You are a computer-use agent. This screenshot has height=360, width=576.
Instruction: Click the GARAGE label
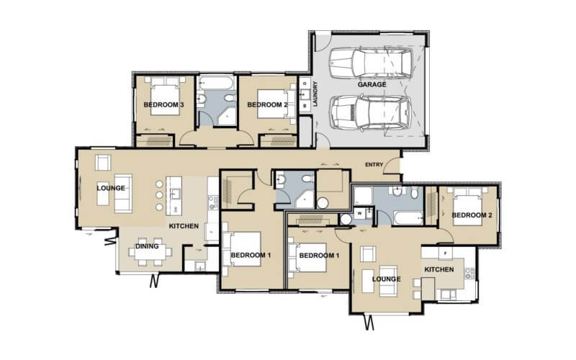pyautogui.click(x=372, y=84)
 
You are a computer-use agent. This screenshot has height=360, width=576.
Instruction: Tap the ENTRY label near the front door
pyautogui.click(x=374, y=164)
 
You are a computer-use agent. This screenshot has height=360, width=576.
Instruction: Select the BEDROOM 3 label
pyautogui.click(x=163, y=105)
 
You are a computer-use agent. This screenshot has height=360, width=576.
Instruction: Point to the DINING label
pyautogui.click(x=147, y=247)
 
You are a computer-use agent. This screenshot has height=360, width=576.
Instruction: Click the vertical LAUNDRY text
pyautogui.click(x=315, y=94)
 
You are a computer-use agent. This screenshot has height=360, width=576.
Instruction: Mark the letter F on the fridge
pyautogui.click(x=446, y=253)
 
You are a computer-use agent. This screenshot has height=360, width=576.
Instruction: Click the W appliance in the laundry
pyautogui.click(x=305, y=105)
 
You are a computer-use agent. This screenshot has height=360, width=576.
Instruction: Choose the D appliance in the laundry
pyautogui.click(x=305, y=85)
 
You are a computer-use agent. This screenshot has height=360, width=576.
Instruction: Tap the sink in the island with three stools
pyautogui.click(x=174, y=192)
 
